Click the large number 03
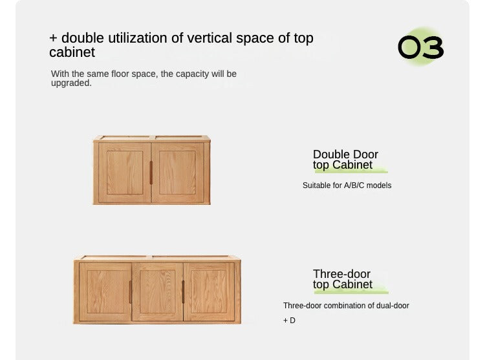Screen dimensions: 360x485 pyautogui.click(x=420, y=48)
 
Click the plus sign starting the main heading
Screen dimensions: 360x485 pyautogui.click(x=53, y=38)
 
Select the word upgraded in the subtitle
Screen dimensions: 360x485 pyautogui.click(x=71, y=83)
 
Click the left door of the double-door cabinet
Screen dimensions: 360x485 pyautogui.click(x=124, y=173)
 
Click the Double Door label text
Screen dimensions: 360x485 pyautogui.click(x=345, y=154)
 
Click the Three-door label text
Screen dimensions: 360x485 pyautogui.click(x=341, y=274)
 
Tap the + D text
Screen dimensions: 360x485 pyautogui.click(x=289, y=321)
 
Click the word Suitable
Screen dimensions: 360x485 pyautogui.click(x=317, y=185)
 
